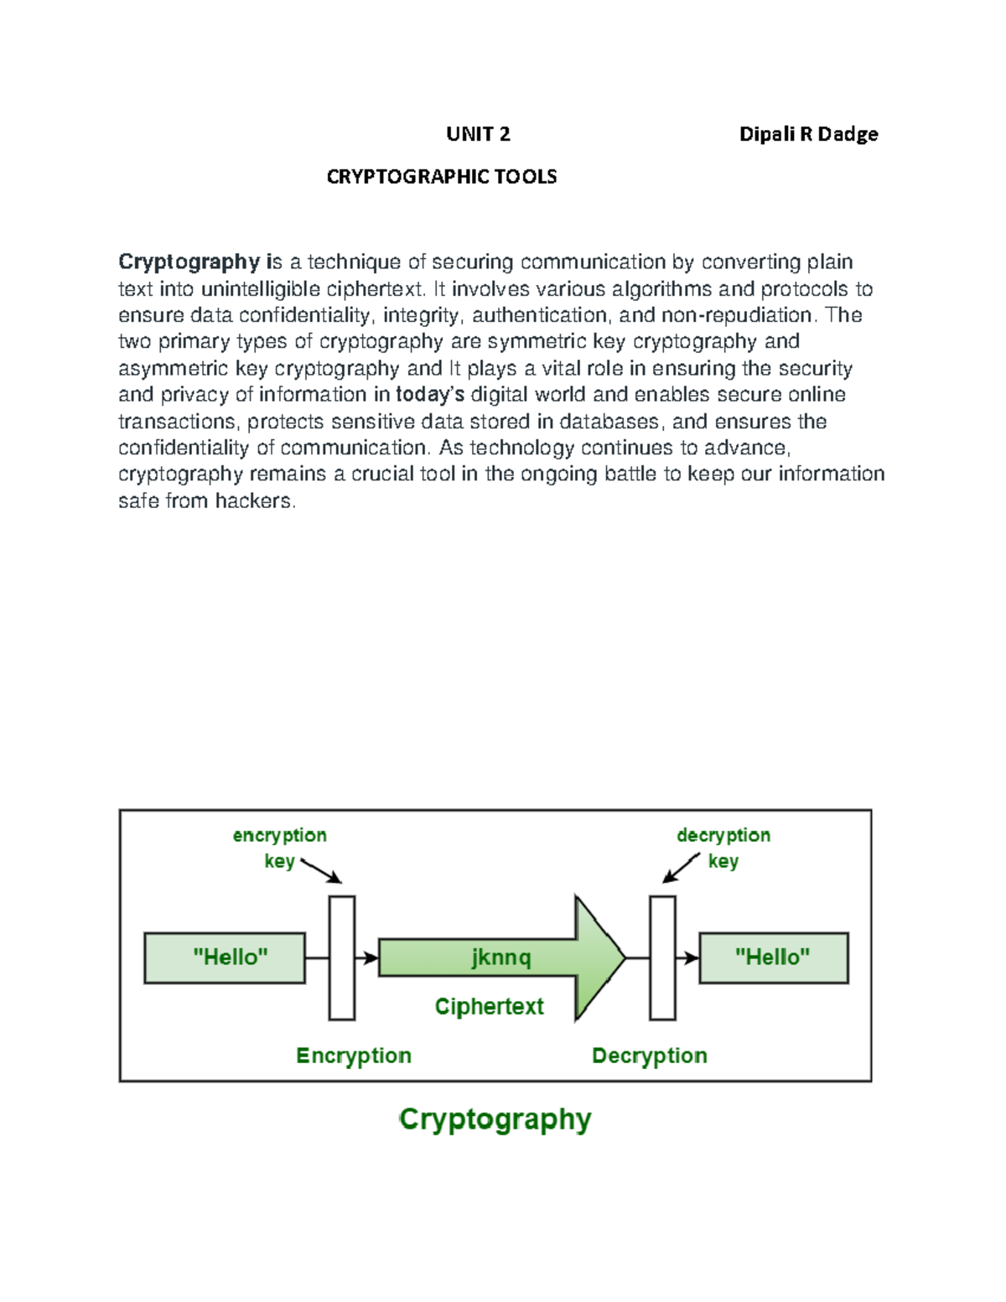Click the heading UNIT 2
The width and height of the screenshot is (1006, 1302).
478,134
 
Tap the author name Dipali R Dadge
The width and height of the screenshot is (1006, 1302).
808,134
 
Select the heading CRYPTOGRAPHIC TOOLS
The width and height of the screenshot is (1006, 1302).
441,177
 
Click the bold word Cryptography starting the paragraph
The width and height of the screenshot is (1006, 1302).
189,262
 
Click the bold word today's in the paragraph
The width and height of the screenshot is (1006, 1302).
429,395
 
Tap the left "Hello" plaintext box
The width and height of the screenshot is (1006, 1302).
225,957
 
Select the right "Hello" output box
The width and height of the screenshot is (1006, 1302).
773,957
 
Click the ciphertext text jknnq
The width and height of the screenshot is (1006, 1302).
500,957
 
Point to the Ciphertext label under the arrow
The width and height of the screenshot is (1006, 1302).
489,1006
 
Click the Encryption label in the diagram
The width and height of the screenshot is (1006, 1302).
354,1056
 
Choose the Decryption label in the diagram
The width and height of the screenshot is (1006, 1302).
649,1056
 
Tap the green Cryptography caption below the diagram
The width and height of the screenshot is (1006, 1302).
495,1119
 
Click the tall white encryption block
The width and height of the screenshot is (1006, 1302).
341,957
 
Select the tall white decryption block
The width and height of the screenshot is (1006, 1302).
662,957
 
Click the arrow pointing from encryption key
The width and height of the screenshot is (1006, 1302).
321,870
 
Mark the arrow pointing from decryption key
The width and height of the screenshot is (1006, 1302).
681,868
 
